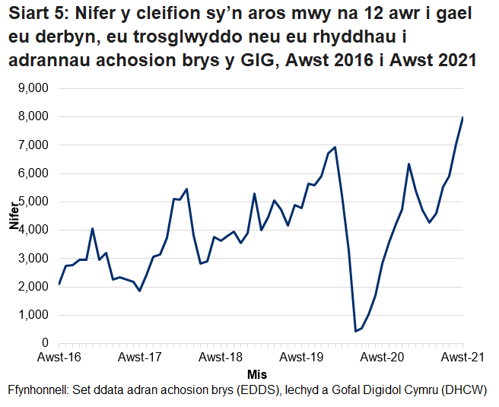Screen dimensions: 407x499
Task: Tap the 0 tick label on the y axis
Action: tap(46, 343)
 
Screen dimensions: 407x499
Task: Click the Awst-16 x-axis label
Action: tap(59, 357)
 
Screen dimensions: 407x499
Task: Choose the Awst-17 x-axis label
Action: tap(140, 357)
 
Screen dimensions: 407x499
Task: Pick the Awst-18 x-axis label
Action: tap(221, 357)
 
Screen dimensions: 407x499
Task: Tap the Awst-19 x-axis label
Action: tap(301, 357)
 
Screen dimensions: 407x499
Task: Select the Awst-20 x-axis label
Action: tap(382, 357)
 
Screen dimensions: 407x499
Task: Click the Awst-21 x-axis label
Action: tap(462, 357)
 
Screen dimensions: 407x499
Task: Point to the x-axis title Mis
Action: tap(257, 374)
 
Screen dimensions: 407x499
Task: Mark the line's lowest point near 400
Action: tap(355, 331)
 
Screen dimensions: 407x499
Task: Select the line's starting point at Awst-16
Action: tap(59, 285)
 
